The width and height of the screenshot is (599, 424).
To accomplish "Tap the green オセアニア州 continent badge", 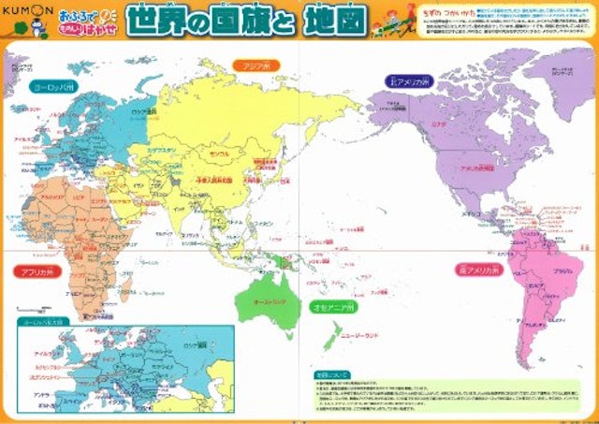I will (x=333, y=306).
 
